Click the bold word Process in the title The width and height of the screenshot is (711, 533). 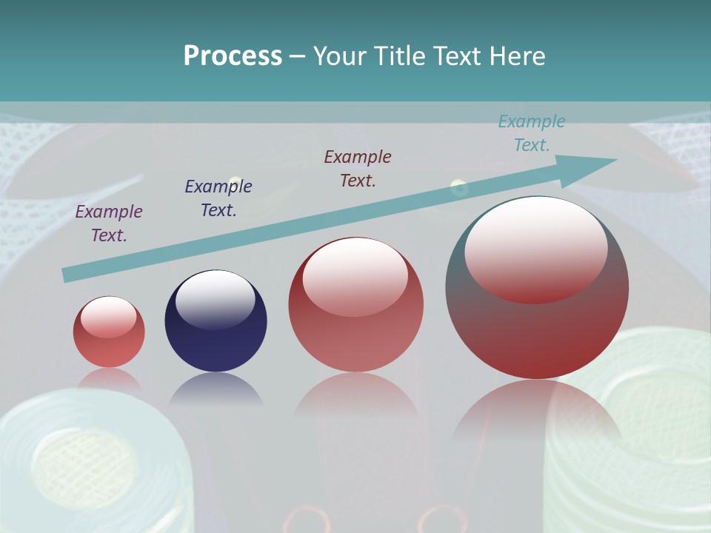[233, 56]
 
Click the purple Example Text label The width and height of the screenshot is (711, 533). [109, 224]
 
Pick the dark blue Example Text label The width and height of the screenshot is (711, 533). [218, 198]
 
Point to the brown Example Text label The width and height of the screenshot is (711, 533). [358, 169]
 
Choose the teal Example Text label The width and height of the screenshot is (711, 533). [532, 133]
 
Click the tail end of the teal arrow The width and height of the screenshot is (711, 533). [69, 275]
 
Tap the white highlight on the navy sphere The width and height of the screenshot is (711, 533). [216, 298]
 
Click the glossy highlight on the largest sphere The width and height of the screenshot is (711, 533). [535, 249]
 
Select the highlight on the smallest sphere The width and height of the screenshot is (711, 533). [108, 316]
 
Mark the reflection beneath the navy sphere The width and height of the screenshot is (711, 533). [216, 389]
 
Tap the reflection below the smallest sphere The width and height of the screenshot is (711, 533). [109, 379]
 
